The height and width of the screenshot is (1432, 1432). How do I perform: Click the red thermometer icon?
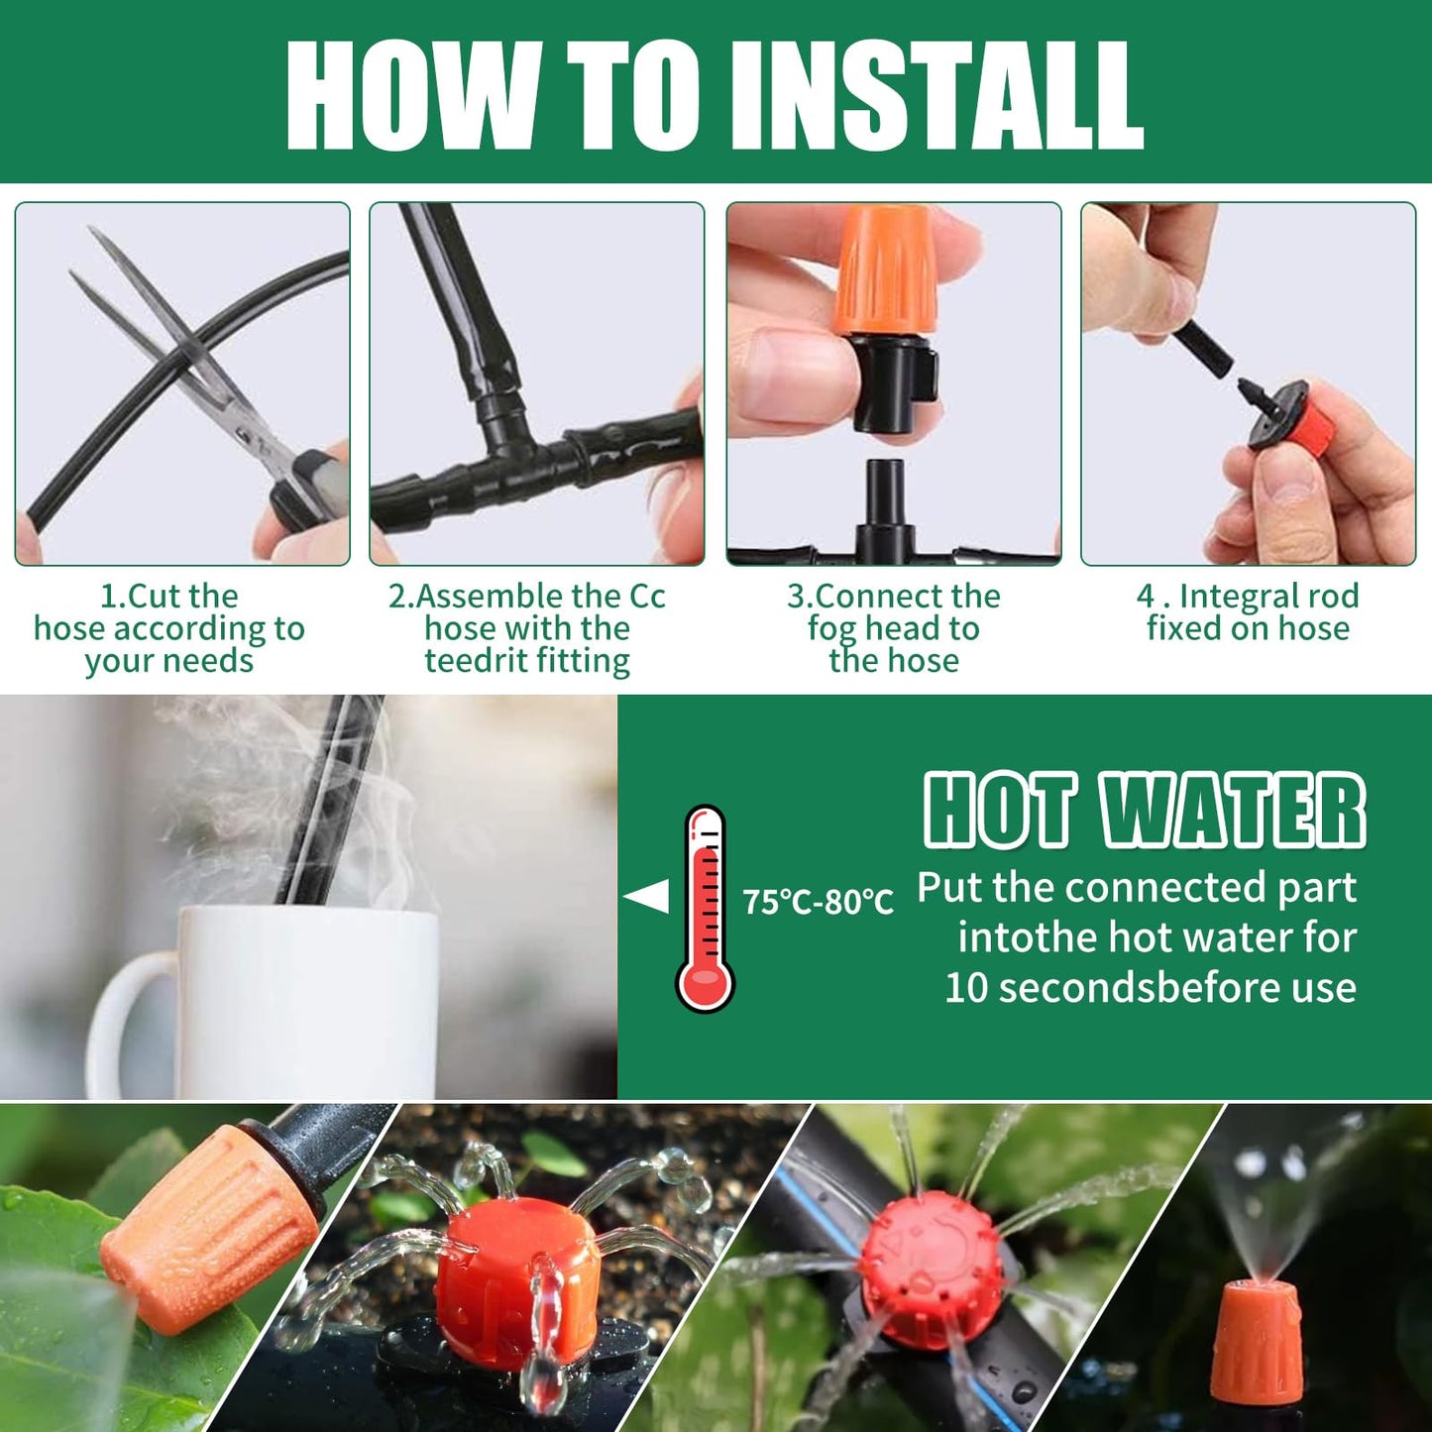point(706,907)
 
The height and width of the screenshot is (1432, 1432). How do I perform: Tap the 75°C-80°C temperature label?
point(818,902)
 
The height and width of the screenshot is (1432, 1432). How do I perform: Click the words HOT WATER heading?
point(1145,811)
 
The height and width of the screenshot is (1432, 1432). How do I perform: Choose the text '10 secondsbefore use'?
point(1150,988)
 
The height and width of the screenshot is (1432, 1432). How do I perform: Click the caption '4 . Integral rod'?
point(1248,596)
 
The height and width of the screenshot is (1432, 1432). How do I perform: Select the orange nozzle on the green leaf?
point(213,1229)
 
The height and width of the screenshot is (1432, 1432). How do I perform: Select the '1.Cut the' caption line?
point(169,596)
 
